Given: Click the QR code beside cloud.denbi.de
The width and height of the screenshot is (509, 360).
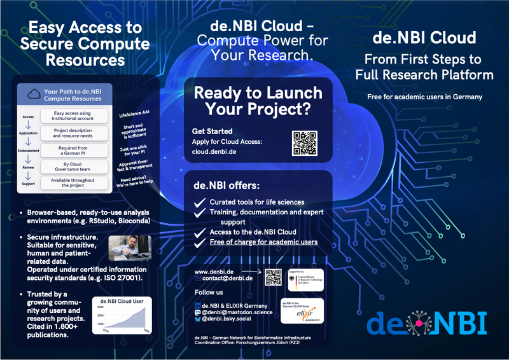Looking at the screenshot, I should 303,143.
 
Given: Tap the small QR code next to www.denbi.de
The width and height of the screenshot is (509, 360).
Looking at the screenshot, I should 273,277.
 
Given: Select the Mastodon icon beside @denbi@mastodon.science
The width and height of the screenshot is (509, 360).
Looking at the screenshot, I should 197,312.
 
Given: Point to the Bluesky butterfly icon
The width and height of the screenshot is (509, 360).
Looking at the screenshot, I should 197,320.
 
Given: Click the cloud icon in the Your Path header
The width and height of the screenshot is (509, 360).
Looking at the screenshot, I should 34,94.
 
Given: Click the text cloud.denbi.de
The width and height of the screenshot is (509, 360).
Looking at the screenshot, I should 216,152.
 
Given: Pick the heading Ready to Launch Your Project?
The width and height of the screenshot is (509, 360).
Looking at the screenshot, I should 252,100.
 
